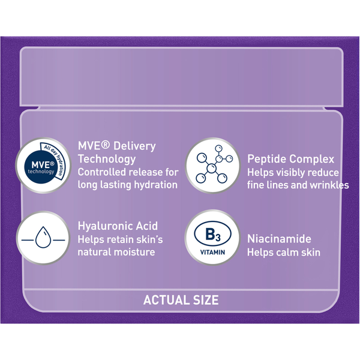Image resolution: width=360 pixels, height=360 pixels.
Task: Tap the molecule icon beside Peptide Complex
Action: pos(214,164)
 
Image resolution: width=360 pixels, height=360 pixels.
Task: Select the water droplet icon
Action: pos(43,238)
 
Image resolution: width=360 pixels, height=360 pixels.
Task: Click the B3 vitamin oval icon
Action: pos(212,234)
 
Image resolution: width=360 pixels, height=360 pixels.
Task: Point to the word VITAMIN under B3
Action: pos(212,252)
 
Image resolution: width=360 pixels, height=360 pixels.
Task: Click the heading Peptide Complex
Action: pos(290,160)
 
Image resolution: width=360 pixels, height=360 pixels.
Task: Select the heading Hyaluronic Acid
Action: pos(118,226)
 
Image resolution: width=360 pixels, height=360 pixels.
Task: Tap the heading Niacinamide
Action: pos(279,239)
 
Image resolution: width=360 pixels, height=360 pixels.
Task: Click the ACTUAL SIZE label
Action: pos(181,300)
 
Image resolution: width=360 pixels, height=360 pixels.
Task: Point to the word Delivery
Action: pos(135,146)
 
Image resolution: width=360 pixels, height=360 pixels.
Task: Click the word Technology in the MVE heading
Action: pos(107,159)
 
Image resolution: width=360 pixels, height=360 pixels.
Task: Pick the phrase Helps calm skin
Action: pos(284,253)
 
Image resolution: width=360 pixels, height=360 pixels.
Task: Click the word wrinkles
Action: pos(329,185)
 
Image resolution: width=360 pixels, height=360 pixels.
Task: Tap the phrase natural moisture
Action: pos(116,252)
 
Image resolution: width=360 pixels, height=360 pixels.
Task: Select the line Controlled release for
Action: pos(128,172)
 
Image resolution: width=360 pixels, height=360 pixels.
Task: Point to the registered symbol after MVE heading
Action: pos(106,145)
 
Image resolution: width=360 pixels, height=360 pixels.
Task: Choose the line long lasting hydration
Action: pos(128,185)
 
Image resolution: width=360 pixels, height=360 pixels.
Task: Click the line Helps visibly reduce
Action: pos(293,173)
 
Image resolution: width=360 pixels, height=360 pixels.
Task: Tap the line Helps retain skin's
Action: pos(121,239)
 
